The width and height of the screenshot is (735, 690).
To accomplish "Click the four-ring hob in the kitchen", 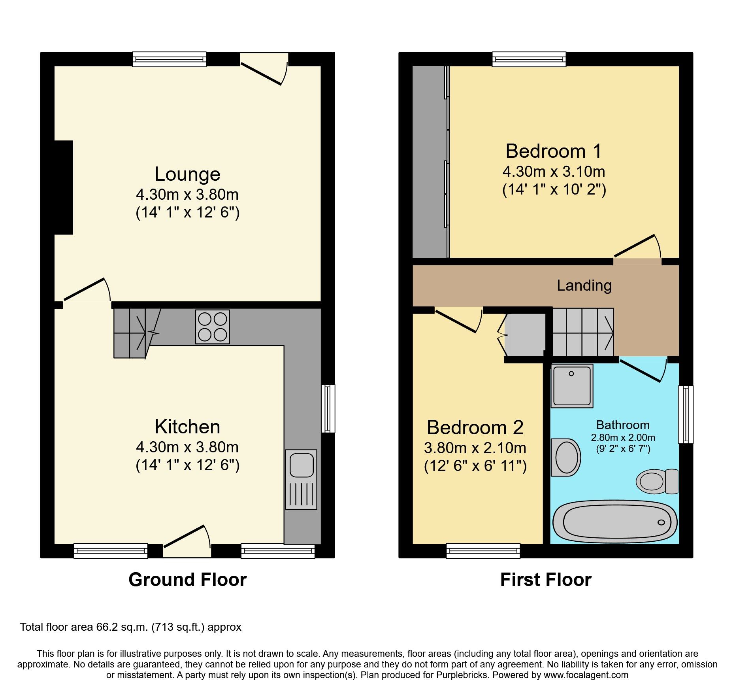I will coord(213,327).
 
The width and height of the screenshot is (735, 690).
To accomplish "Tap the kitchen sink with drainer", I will coord(301,479).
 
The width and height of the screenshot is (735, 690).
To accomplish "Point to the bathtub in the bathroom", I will coord(614,522).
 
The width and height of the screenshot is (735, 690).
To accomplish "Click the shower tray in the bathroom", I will coord(572,386).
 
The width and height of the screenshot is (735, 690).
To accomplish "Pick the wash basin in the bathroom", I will coord(566,457).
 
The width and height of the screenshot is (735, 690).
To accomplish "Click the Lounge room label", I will coord(187,174).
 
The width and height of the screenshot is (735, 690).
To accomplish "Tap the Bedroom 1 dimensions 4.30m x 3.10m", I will coord(554,172).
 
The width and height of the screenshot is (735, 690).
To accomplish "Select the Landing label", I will coord(584,285).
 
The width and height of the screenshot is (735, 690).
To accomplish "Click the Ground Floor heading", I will coord(187,580).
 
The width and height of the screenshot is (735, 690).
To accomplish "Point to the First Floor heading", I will coord(546,580).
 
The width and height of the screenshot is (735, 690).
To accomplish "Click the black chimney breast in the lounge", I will coord(64,187).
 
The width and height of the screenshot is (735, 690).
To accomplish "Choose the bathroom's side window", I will coord(686,414).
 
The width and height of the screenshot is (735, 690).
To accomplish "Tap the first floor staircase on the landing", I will coord(582,332).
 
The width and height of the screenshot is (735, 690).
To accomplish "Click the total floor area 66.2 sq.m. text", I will coord(130,627).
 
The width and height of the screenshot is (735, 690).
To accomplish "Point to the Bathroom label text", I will coord(623,425).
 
